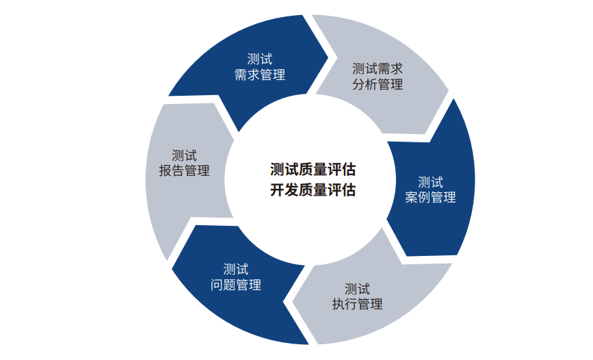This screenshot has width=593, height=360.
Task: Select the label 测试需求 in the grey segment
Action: [377, 68]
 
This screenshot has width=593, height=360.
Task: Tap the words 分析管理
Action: [377, 85]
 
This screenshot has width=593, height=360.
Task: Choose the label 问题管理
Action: [236, 285]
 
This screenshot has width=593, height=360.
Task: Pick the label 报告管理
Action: [184, 171]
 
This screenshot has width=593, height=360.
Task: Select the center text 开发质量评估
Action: [313, 190]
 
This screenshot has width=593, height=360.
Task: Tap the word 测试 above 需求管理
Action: [259, 60]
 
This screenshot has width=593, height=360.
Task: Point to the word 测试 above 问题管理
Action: [236, 269]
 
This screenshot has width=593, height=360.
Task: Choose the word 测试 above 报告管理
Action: [184, 155]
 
